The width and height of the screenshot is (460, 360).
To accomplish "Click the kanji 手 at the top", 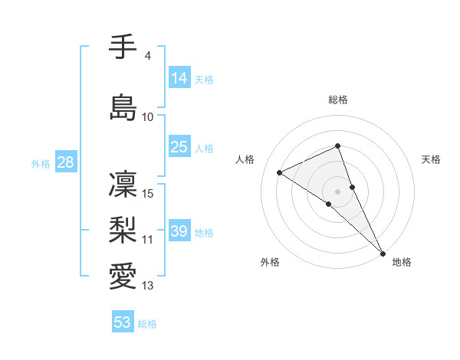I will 123,47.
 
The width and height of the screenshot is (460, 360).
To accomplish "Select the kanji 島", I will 123,107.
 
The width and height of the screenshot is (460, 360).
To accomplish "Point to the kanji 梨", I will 123,230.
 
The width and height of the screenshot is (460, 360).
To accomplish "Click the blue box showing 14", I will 179,77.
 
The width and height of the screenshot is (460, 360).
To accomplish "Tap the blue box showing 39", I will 179,231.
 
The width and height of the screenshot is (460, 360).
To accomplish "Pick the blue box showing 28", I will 66,162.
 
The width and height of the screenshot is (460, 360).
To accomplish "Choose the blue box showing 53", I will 123,322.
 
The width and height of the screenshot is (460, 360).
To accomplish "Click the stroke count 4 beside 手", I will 148,56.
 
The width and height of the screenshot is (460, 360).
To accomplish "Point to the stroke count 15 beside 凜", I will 149,193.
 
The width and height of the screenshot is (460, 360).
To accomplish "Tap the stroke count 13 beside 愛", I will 149,286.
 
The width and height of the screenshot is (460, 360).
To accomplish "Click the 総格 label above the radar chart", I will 338,100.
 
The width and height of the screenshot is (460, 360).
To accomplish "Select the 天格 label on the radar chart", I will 431,159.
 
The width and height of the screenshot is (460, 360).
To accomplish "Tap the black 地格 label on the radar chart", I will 402,262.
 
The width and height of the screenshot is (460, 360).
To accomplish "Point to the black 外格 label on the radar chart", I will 270,262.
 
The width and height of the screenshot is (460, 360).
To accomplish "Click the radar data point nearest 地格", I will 383,252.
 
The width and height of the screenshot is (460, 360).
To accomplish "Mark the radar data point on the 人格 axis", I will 280,172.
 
